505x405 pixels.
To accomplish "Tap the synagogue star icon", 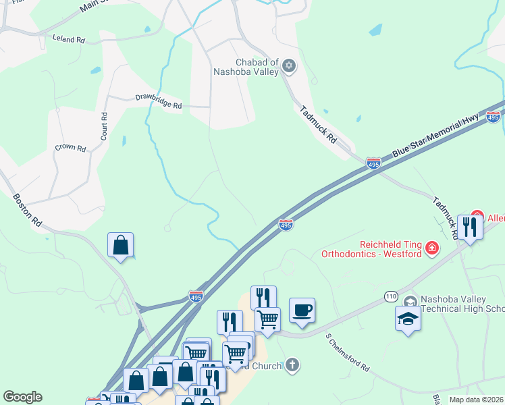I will point(289,65).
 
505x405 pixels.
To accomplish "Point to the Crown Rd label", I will point(70,147).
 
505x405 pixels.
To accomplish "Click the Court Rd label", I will point(104,126).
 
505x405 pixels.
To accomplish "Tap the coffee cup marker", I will point(302,310).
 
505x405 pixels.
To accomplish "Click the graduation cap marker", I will point(408,319).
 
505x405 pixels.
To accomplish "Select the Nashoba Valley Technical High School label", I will point(462,304).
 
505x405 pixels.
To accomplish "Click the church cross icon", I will point(292,365).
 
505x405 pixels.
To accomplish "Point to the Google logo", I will point(22,397).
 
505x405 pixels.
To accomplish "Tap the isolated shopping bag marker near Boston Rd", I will point(120,245).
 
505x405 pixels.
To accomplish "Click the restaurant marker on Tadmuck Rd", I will point(470,227).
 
